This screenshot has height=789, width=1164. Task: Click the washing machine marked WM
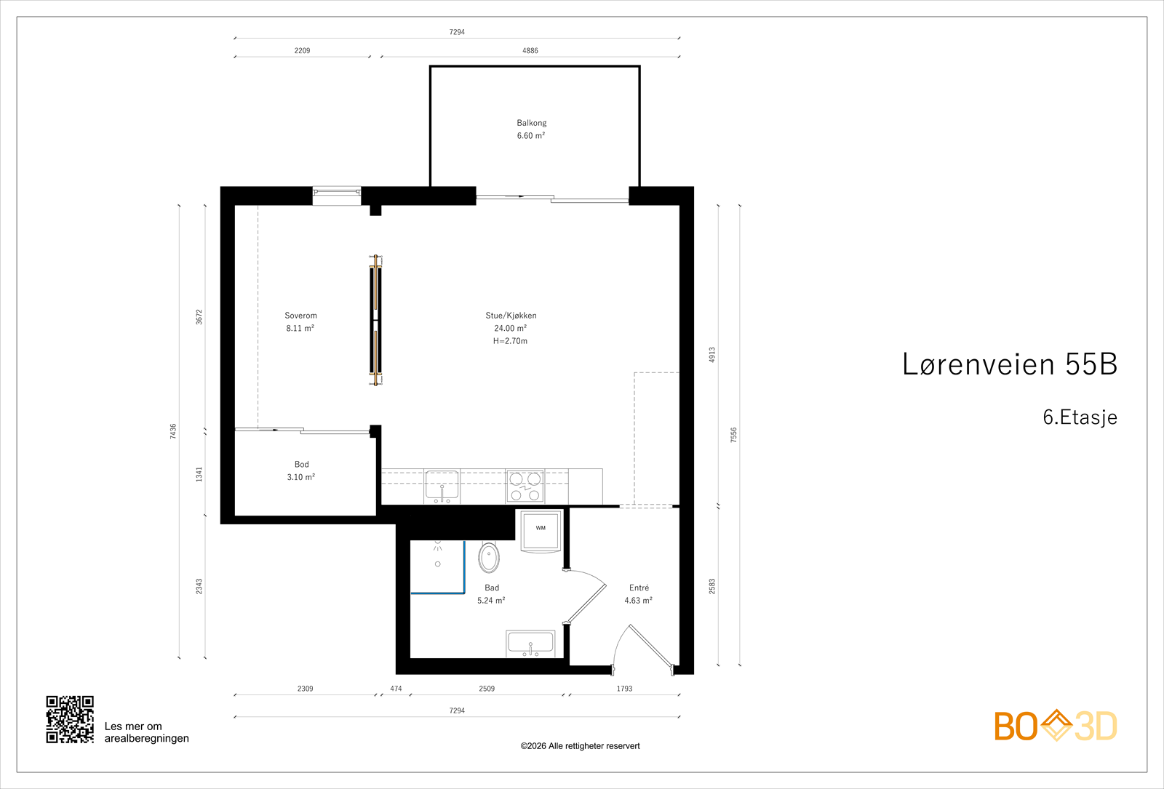[x=541, y=531]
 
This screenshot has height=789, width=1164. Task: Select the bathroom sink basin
[x=530, y=644]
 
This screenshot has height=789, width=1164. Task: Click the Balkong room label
[x=532, y=123]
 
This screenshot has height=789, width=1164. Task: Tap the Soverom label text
[x=301, y=316]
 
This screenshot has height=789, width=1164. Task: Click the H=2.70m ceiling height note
[x=510, y=341]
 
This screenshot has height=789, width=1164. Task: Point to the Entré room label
[x=639, y=588]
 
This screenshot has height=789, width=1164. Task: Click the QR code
[x=70, y=719]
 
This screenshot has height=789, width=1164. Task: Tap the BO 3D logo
[x=1056, y=725]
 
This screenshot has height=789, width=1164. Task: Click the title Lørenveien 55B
[x=1010, y=364]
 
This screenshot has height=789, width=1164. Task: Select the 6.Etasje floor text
[x=1080, y=417]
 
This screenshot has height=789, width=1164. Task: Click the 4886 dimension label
[x=530, y=50]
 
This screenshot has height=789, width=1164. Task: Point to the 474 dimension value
[x=396, y=689]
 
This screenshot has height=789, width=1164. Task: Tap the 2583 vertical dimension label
[x=712, y=586]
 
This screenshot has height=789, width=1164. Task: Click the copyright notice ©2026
[x=580, y=746]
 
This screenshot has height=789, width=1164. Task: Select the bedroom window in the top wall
[x=337, y=196]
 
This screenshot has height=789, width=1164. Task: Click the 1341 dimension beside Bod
[x=199, y=474]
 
